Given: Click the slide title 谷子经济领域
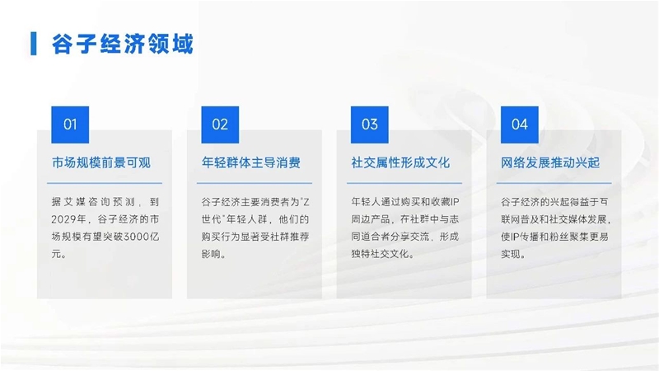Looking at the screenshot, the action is (122, 44).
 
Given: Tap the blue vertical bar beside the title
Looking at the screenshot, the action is (33, 44).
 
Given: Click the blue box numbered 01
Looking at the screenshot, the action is (70, 124).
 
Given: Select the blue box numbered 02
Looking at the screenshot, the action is (220, 124).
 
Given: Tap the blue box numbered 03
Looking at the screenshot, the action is (369, 124).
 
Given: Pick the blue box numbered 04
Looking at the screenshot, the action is (520, 124).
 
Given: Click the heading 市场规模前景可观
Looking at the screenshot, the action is (101, 162).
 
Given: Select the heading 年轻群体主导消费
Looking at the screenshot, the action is (251, 162).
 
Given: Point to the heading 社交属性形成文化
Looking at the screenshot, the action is (400, 162).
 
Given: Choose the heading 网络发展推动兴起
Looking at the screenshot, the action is (550, 162).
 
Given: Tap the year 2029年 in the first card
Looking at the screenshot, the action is (68, 219).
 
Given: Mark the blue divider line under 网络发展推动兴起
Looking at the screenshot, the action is (554, 183).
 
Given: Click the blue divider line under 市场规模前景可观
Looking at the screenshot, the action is (105, 183).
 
